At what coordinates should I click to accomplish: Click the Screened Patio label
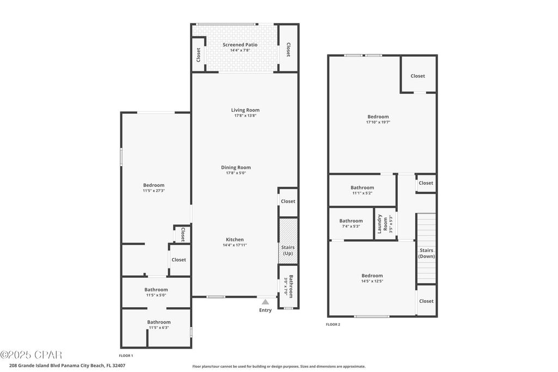pos(240,45)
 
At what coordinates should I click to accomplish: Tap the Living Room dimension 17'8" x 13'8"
pos(245,115)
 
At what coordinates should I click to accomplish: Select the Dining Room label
pos(236,167)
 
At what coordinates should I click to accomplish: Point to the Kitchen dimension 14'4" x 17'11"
pos(235,245)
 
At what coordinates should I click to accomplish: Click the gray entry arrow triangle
pos(265,301)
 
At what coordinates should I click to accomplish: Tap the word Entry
pos(265,310)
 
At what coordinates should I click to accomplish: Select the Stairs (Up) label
pos(288,251)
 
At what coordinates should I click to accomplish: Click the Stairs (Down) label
pos(426,253)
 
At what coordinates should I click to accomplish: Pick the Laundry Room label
pos(383,223)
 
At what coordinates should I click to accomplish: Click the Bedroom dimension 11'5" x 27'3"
pos(154,191)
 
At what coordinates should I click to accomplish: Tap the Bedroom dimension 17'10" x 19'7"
pos(378,122)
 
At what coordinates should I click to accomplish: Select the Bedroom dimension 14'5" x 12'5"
pos(372,281)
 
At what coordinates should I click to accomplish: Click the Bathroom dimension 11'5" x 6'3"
pos(159,327)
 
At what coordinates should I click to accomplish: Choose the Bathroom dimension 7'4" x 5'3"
pos(351,226)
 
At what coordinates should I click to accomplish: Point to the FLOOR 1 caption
pos(126,356)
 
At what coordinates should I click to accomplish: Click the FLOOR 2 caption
pos(333,324)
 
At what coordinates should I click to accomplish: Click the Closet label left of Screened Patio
pos(198,54)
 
